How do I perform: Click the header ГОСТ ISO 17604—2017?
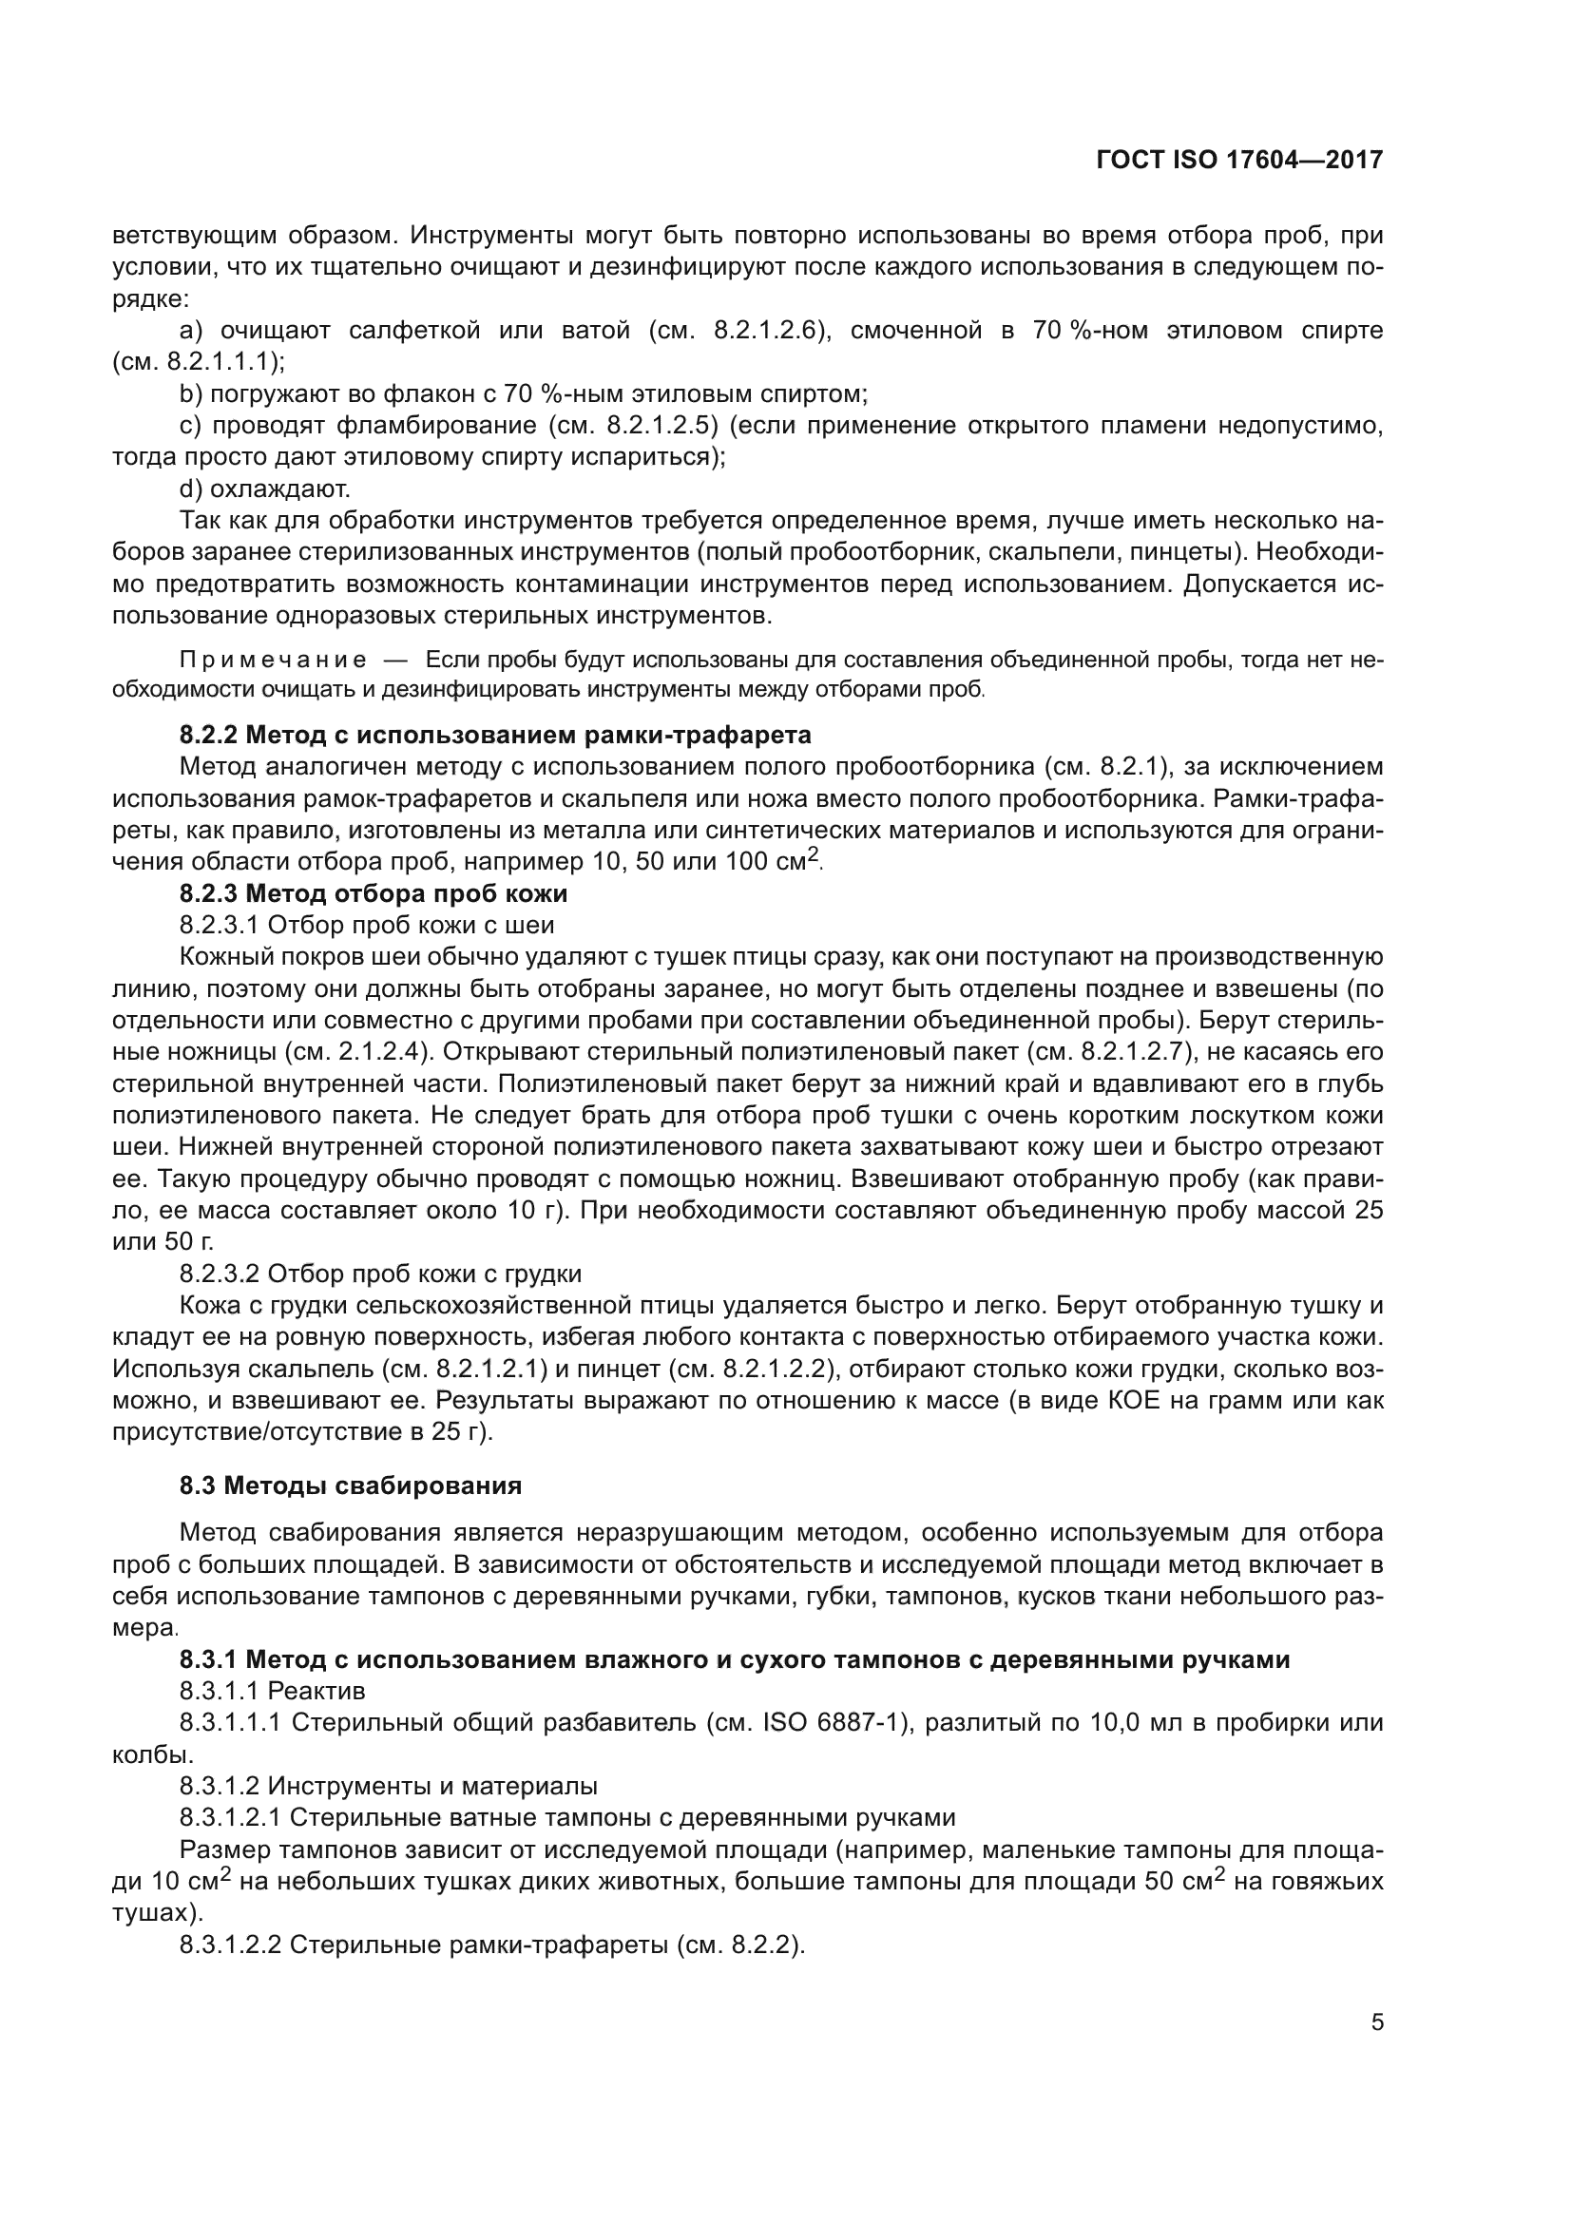click(x=1239, y=160)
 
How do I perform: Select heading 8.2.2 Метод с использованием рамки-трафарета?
click(x=495, y=735)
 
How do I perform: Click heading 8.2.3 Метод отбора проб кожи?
click(x=374, y=892)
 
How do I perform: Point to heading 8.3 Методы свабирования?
click(x=351, y=1485)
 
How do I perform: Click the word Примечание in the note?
click(x=273, y=661)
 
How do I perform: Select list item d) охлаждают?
click(x=264, y=489)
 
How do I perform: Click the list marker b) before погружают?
click(x=190, y=394)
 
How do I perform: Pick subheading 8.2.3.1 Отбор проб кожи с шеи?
click(x=367, y=925)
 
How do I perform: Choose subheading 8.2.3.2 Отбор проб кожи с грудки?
click(x=380, y=1274)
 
